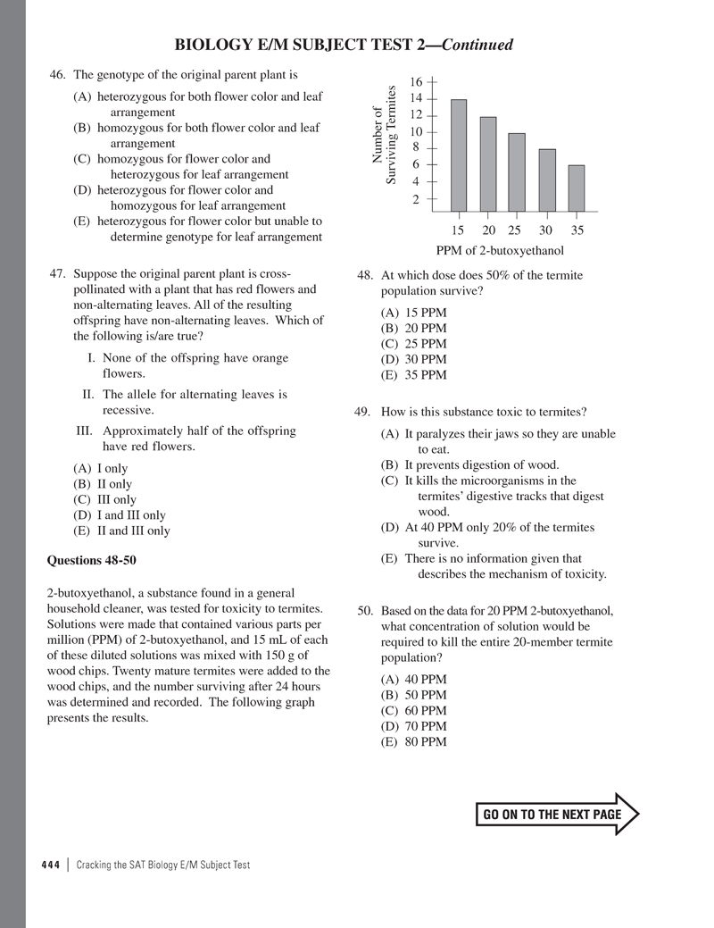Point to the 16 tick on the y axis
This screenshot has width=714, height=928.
pyautogui.click(x=417, y=82)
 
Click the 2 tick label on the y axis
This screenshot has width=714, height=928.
pyautogui.click(x=417, y=199)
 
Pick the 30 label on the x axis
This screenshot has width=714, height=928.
pyautogui.click(x=546, y=230)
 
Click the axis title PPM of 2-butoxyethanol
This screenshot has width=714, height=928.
pyautogui.click(x=500, y=249)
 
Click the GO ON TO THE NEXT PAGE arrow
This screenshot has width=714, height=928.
pyautogui.click(x=560, y=814)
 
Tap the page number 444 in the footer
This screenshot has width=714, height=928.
pyautogui.click(x=51, y=864)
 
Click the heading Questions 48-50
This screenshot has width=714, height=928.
pyautogui.click(x=90, y=561)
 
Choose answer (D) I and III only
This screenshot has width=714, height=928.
pyautogui.click(x=120, y=515)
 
